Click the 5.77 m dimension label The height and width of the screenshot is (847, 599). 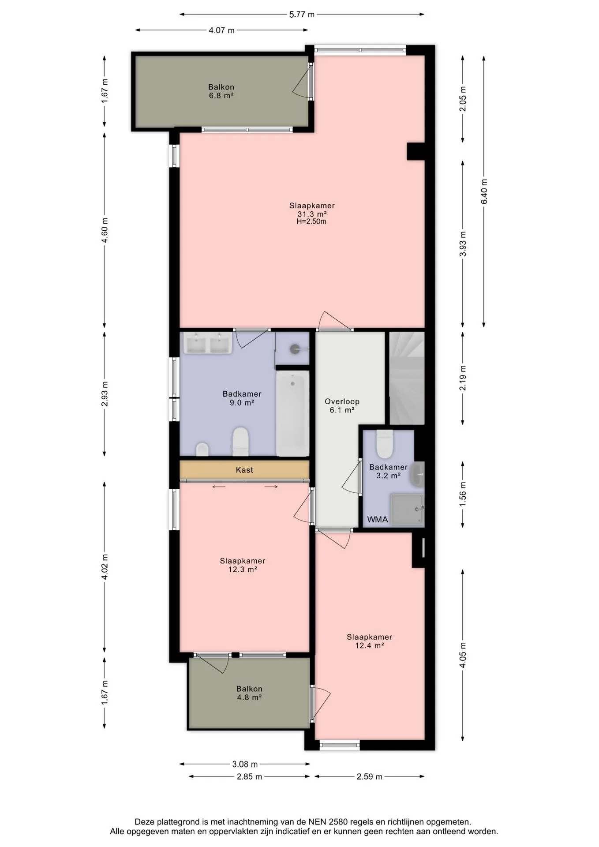[x=302, y=14]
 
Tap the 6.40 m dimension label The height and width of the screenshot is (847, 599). [x=484, y=191]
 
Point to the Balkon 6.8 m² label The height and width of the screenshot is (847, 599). [x=221, y=91]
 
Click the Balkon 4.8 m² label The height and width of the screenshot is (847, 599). [x=249, y=693]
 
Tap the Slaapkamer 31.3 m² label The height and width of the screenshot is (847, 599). [x=312, y=210]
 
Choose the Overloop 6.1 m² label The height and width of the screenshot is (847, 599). [x=342, y=405]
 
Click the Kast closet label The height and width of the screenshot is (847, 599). [x=244, y=470]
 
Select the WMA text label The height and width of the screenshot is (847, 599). [x=378, y=519]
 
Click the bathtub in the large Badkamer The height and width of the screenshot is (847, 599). [x=292, y=413]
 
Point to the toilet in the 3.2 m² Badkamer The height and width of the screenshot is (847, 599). [x=384, y=444]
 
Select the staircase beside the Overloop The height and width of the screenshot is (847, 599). [x=407, y=378]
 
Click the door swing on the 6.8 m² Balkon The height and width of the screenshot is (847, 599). [x=301, y=81]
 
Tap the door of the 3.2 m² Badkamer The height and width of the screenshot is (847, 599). [x=352, y=477]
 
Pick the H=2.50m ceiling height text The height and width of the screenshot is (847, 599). [x=311, y=221]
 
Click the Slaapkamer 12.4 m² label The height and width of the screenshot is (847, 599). [x=369, y=641]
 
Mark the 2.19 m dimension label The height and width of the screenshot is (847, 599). [x=463, y=379]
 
